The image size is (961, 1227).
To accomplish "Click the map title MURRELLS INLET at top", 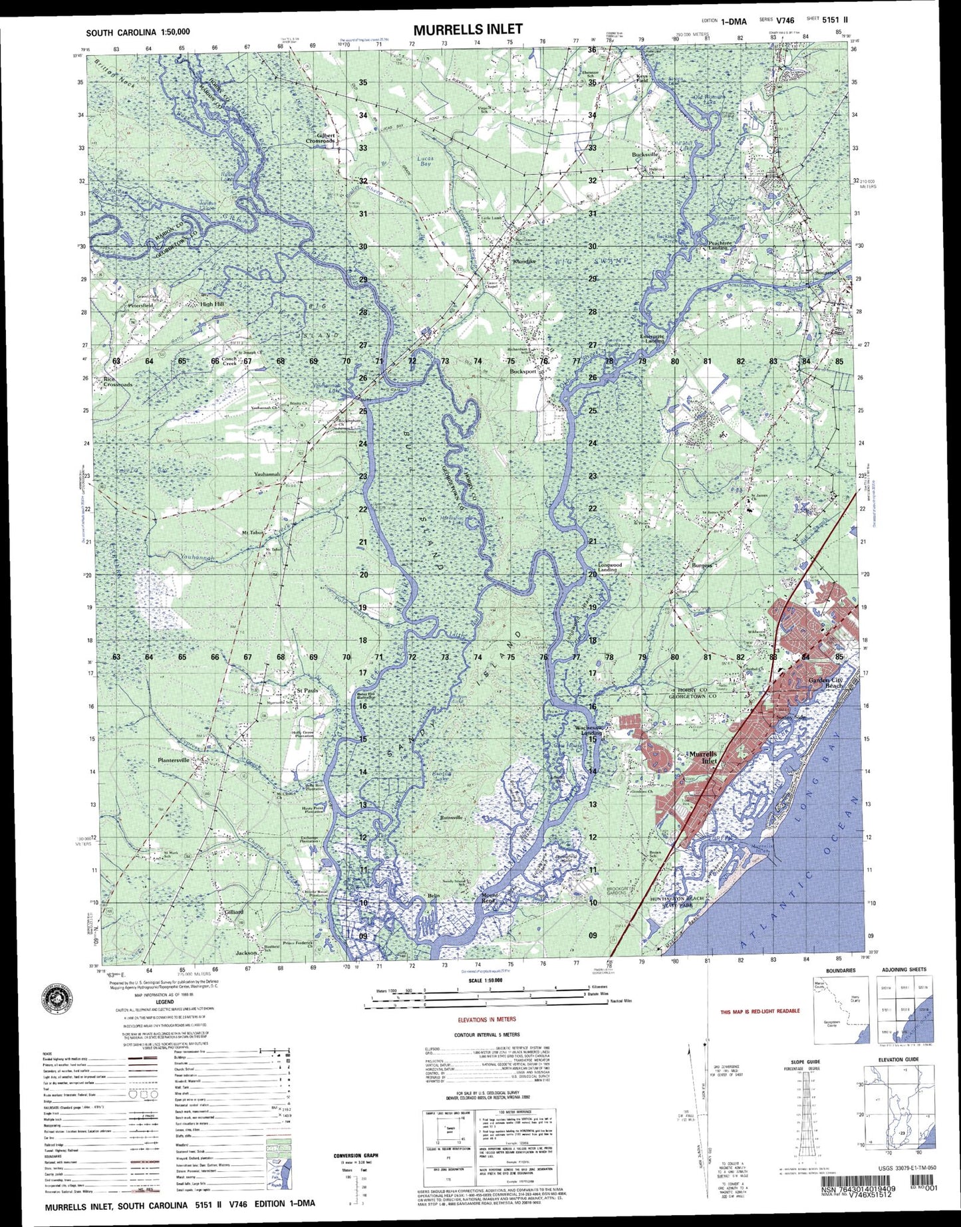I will coord(468,29).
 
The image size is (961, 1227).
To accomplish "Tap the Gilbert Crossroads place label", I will coord(321,138).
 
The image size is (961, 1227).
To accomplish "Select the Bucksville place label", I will coord(644,154).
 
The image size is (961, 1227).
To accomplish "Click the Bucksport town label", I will coord(523,372).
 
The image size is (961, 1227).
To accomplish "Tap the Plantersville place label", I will coord(174,760).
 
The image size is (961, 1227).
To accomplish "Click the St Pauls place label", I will coord(307,691).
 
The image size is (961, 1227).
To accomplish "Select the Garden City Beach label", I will coord(825,683).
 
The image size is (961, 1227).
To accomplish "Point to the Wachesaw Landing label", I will coord(588,730).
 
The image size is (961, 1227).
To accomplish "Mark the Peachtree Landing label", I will coord(720,245).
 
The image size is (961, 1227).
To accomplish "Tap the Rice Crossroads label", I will coord(118,382).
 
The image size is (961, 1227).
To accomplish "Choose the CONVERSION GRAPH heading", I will coord(356,1156).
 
